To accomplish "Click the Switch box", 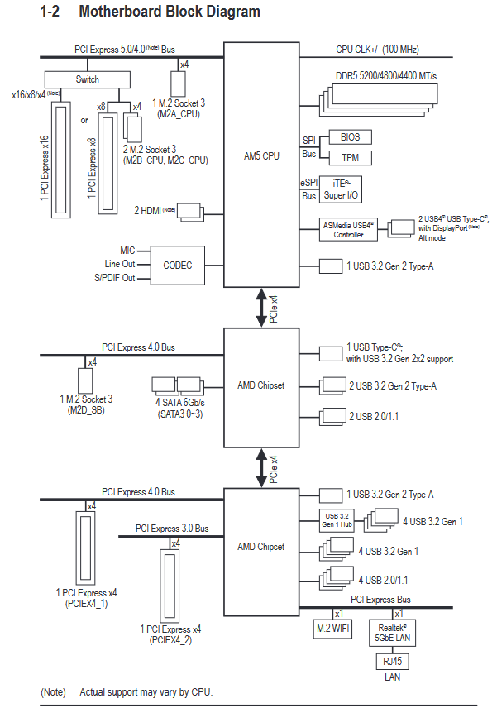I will point(87,79).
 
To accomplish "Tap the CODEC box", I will point(177,265).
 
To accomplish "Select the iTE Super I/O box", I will point(340,189).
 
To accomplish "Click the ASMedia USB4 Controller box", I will point(348,229).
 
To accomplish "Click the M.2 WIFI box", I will point(333,629).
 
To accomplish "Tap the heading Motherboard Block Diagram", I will point(169,12).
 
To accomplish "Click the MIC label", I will point(127,250).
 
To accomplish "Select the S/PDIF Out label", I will point(115,279).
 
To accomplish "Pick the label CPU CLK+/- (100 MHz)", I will point(383,50).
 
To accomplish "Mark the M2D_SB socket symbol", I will point(84,381).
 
